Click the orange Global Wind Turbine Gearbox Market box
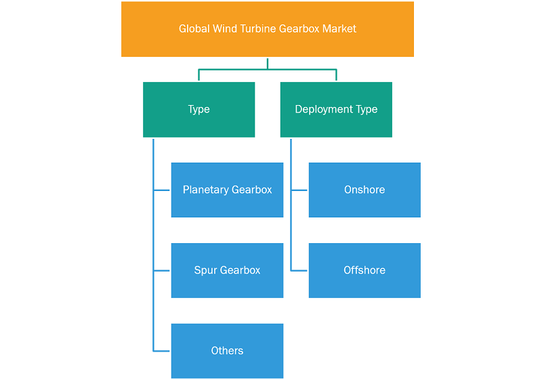coord(268,29)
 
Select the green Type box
coord(199,110)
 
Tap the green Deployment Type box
coord(336,110)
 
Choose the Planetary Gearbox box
coord(227,190)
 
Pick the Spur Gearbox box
coord(227,270)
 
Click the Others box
coord(227,351)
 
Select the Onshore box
coord(364,190)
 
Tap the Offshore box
coord(364,270)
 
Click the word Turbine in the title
coord(258,28)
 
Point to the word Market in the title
coord(339,28)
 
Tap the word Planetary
coord(206,190)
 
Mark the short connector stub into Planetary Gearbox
coord(161,190)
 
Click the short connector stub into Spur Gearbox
coord(161,270)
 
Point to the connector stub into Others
coord(161,351)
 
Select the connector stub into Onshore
coord(299,190)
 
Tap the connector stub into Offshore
coord(299,270)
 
